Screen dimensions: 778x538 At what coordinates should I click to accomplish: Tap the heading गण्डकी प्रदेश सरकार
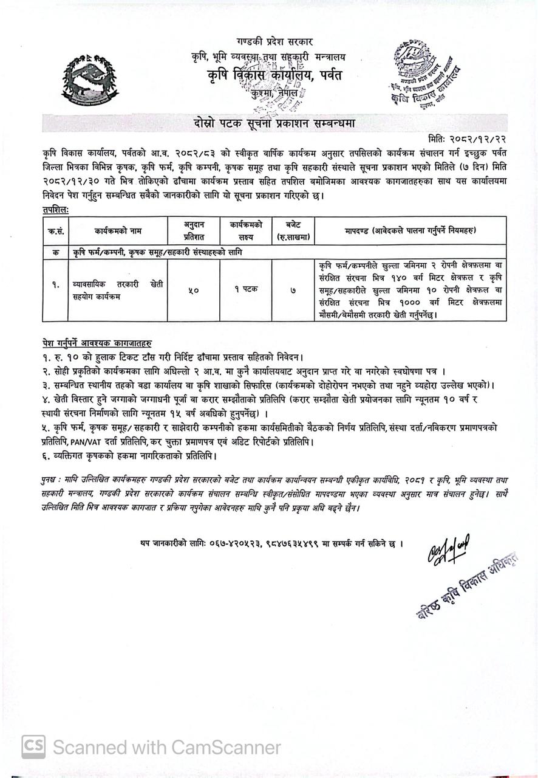point(267,43)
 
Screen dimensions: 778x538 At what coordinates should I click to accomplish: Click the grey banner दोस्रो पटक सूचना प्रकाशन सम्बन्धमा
point(268,124)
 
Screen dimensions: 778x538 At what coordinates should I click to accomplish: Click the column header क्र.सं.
point(54,230)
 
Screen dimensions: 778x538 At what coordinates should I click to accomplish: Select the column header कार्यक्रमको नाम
point(117,230)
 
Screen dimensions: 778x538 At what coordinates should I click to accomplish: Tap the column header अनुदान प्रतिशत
point(191,230)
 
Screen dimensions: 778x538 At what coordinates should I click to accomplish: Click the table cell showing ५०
point(191,290)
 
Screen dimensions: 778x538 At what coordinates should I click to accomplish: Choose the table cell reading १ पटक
point(243,289)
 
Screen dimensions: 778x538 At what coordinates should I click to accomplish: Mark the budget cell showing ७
point(293,290)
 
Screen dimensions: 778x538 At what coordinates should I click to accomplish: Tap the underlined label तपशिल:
point(51,208)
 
